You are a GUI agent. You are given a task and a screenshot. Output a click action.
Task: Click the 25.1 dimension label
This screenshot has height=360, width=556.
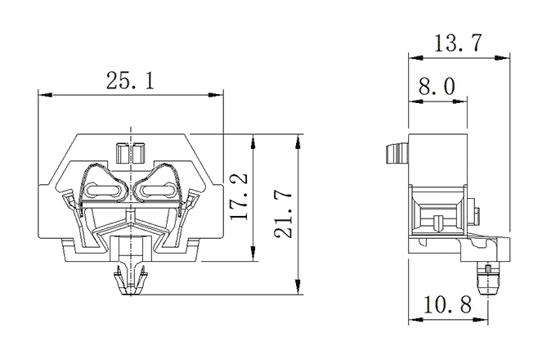130,80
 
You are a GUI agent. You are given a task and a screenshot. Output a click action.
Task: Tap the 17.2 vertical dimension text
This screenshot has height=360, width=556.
239,197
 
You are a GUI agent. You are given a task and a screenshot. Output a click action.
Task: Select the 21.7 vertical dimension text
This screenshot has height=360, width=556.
283,215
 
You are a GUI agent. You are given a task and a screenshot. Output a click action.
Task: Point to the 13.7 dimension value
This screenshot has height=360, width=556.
458,43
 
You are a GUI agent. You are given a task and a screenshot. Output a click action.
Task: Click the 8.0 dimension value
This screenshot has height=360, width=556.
437,87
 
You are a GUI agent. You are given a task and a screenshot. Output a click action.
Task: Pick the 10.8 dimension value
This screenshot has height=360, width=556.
447,304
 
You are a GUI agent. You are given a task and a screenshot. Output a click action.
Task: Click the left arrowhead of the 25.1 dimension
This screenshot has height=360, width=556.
46,95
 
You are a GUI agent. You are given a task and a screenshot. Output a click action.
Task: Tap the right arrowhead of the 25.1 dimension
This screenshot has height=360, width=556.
216,95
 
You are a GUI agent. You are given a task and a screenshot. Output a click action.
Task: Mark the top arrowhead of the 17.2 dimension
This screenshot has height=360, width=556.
253,142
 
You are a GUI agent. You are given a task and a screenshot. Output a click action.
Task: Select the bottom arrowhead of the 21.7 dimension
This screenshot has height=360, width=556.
298,287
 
